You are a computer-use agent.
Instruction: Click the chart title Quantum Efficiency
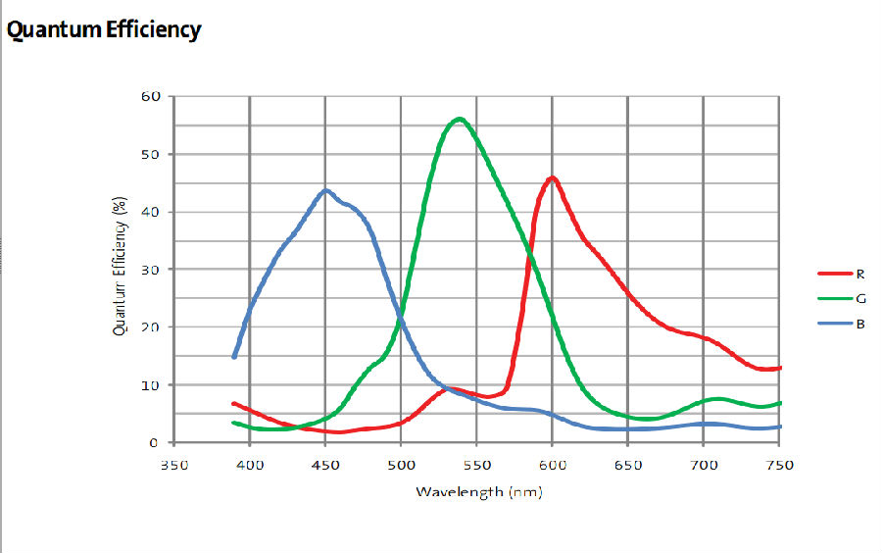(x=103, y=29)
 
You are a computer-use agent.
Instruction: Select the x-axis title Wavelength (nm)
(x=478, y=490)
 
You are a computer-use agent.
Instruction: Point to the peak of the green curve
(x=459, y=119)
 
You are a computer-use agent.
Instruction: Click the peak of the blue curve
(x=325, y=190)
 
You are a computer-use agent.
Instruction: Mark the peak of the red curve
(x=553, y=177)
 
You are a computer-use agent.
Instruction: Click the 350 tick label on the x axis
(x=174, y=465)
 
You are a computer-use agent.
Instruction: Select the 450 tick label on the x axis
(x=325, y=465)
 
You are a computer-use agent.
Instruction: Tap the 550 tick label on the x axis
(x=476, y=465)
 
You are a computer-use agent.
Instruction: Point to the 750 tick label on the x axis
(x=779, y=465)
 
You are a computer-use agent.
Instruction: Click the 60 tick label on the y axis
(x=151, y=96)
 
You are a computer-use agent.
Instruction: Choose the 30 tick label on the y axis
(x=151, y=269)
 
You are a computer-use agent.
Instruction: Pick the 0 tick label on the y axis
(x=155, y=442)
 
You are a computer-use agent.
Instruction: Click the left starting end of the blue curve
(x=234, y=356)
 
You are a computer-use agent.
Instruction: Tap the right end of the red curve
(x=779, y=368)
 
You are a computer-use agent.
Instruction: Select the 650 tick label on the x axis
(x=628, y=465)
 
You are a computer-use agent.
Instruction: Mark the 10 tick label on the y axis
(x=151, y=384)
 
